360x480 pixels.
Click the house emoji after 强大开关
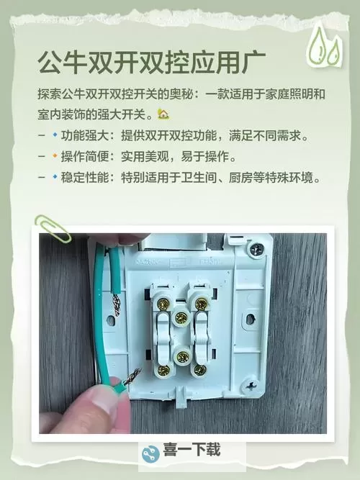(163, 114)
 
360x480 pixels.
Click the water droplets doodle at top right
(323, 46)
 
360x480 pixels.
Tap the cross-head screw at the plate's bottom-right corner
(253, 389)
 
